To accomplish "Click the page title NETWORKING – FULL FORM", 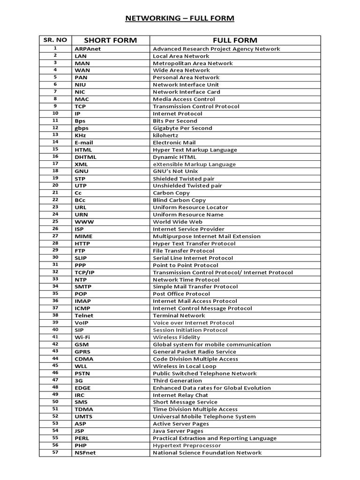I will click(x=180, y=18).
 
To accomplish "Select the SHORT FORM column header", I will click(x=110, y=40).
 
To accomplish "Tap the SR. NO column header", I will click(x=55, y=40).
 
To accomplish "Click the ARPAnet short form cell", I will click(x=88, y=49).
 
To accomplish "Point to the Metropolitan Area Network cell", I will click(x=193, y=63).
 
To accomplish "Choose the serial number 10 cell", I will click(x=55, y=113).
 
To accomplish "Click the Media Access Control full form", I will click(x=184, y=99).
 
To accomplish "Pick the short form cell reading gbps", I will click(x=82, y=128).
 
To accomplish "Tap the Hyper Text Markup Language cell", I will click(x=195, y=150).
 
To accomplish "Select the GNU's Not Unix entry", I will click(x=176, y=172).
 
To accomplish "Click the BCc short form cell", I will click(x=80, y=200).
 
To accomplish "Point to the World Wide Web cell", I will click(x=178, y=222).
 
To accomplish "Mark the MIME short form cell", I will click(x=83, y=236).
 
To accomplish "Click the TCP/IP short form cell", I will click(x=85, y=272).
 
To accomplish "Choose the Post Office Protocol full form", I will click(x=181, y=294).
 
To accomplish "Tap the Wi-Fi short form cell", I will click(x=82, y=337).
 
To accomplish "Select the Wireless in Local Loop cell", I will click(x=185, y=366).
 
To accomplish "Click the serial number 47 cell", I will click(x=55, y=380).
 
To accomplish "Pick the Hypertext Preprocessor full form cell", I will click(x=187, y=445).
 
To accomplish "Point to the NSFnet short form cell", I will click(x=85, y=453).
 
